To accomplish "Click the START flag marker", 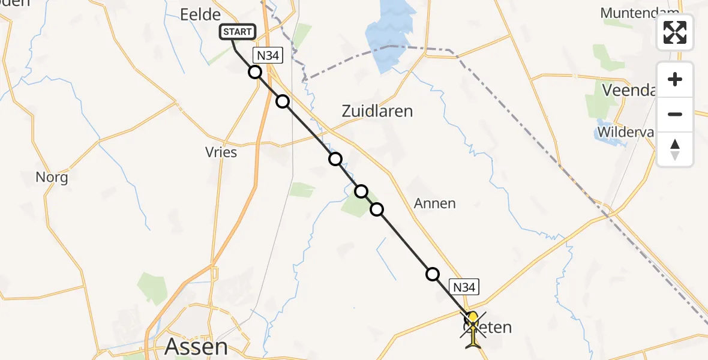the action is pyautogui.click(x=239, y=32).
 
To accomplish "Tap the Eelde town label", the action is pyautogui.click(x=200, y=14).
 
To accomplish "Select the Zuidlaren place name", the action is pyautogui.click(x=377, y=111).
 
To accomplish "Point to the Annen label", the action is pyautogui.click(x=435, y=203).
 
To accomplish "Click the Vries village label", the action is pyautogui.click(x=221, y=152).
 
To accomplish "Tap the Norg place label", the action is pyautogui.click(x=52, y=177).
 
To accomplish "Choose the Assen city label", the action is pyautogui.click(x=196, y=346).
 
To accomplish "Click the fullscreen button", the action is pyautogui.click(x=675, y=32).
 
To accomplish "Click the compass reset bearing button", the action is pyautogui.click(x=675, y=149).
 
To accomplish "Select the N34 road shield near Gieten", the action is pyautogui.click(x=464, y=287).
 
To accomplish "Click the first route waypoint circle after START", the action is pyautogui.click(x=255, y=73).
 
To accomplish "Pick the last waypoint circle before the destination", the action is pyautogui.click(x=432, y=274).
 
